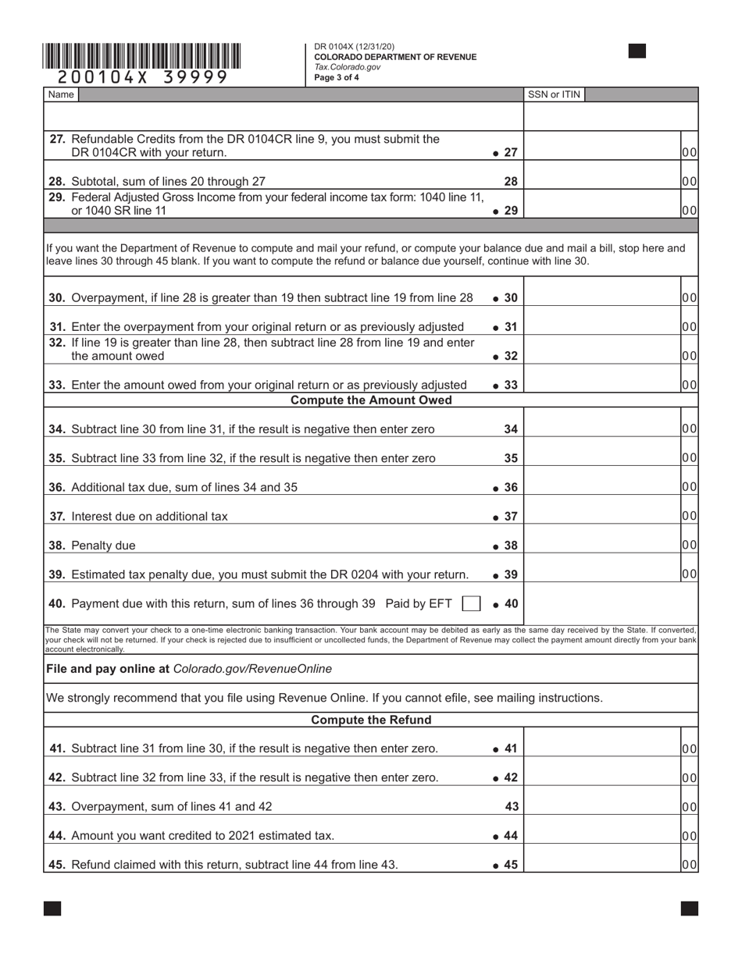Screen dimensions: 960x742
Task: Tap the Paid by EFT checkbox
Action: [x=471, y=603]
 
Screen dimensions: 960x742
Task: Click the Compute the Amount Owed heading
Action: [x=371, y=400]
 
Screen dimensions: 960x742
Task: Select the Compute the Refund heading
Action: [x=371, y=720]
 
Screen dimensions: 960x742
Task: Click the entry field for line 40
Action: [x=609, y=603]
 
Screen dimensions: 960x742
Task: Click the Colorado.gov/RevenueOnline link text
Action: [x=252, y=669]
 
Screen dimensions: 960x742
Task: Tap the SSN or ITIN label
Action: [x=554, y=94]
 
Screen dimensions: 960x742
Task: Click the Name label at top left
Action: [x=61, y=94]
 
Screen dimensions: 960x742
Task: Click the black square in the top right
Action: [x=637, y=52]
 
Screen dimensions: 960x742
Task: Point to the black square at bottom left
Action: [x=52, y=908]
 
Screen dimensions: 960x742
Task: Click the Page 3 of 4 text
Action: [x=337, y=77]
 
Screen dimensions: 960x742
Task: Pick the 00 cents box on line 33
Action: [x=689, y=385]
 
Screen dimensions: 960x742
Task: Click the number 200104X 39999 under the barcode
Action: [x=142, y=76]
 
